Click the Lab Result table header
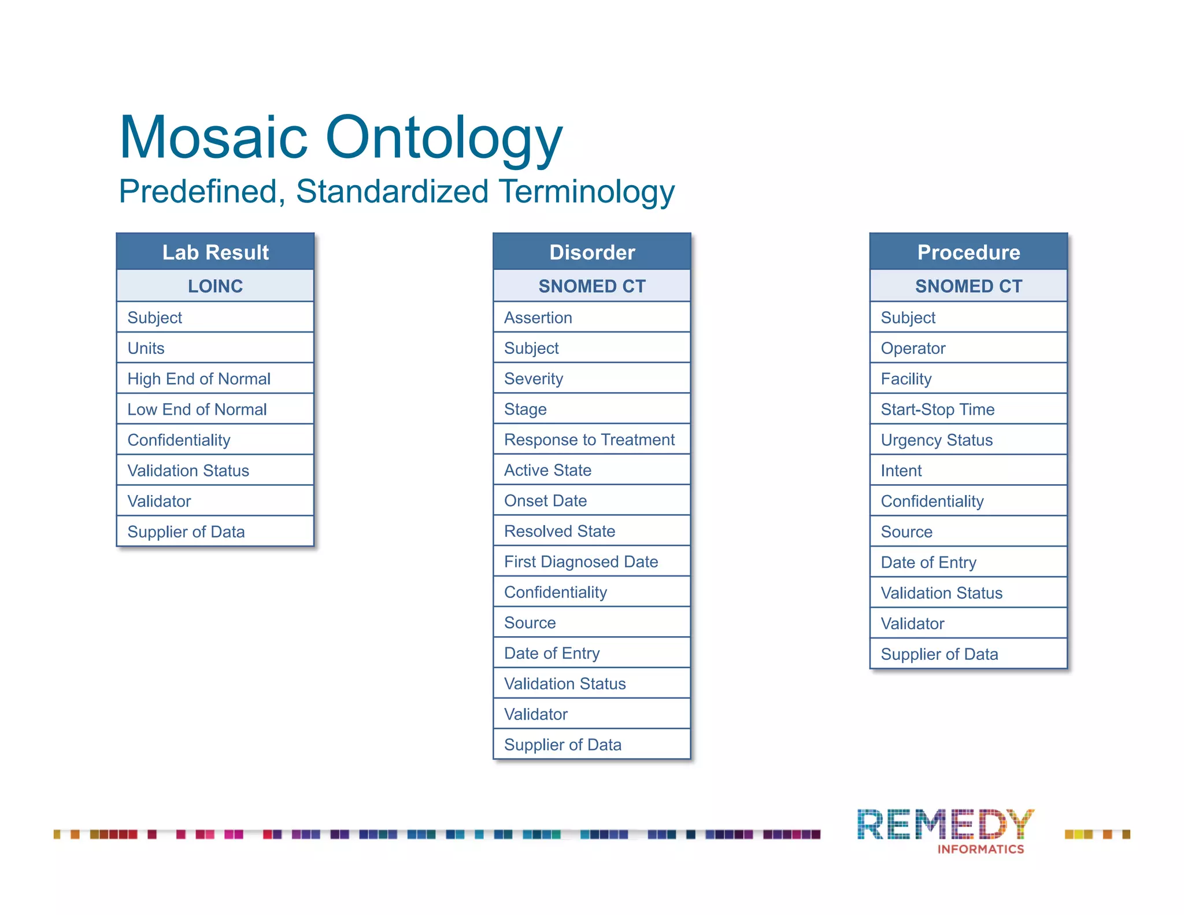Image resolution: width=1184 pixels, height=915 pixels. pyautogui.click(x=215, y=252)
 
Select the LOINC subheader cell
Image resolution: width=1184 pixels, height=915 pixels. pyautogui.click(x=215, y=286)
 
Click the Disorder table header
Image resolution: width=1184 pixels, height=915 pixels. pyautogui.click(x=592, y=252)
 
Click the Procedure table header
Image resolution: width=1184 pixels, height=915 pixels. pyautogui.click(x=968, y=252)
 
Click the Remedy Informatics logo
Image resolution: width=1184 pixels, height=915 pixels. pyautogui.click(x=946, y=831)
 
